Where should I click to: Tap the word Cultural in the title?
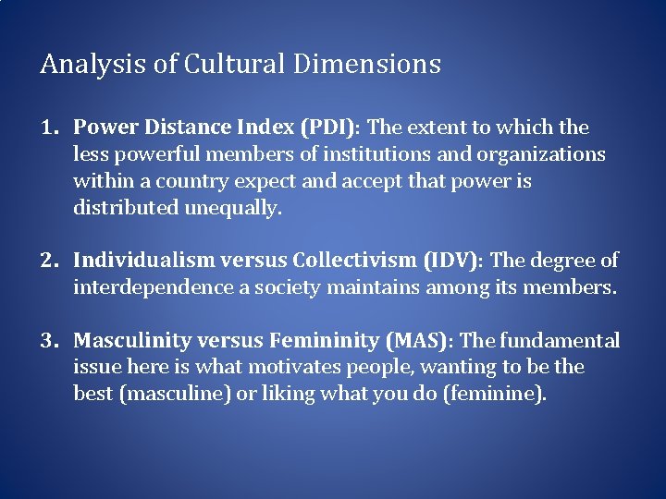click(x=236, y=65)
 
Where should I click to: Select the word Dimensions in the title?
click(x=366, y=65)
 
